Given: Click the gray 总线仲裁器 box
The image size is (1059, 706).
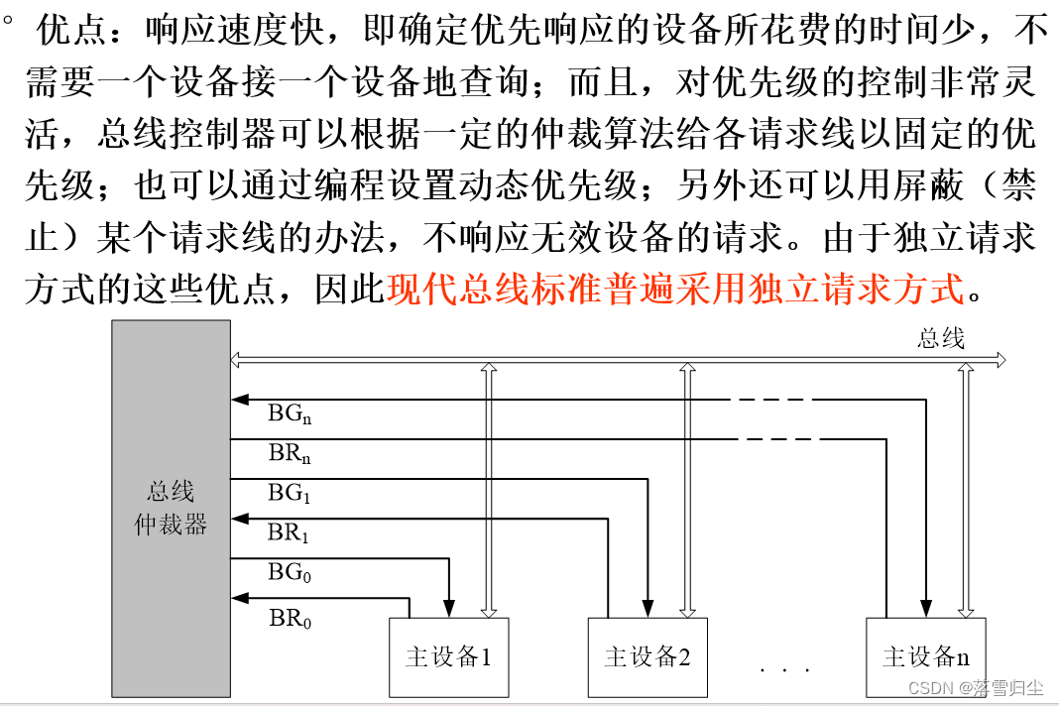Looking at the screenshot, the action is click(171, 508).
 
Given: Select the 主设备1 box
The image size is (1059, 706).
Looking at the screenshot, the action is click(449, 656).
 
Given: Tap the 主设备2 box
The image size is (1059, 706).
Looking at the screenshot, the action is click(647, 656).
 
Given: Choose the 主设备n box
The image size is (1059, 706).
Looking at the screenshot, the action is click(926, 656).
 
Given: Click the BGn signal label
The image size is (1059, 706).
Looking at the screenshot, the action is click(291, 414).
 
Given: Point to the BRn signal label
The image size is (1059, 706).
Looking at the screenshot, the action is click(291, 455).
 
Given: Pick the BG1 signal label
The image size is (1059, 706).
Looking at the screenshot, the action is click(290, 492).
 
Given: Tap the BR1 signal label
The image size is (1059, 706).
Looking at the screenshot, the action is click(289, 533).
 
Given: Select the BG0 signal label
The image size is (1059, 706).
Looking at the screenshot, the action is click(290, 573).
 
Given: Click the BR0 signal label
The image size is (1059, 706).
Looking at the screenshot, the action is click(290, 620).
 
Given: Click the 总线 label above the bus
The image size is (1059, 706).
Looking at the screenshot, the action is click(941, 339).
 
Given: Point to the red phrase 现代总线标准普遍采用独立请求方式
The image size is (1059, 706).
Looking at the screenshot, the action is click(675, 289).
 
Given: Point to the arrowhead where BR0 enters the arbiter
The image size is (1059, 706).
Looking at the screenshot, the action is click(238, 598).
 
